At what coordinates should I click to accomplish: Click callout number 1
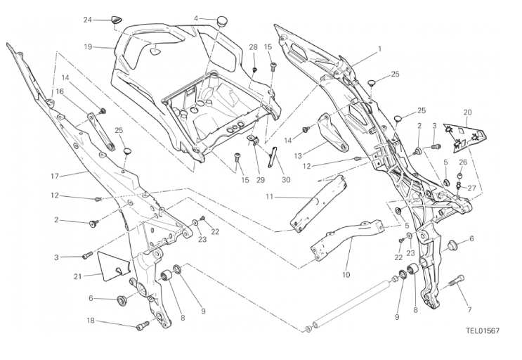[x=379, y=49]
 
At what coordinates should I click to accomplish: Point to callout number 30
[x=286, y=179]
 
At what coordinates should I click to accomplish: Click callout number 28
[x=253, y=47]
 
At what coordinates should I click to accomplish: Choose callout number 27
[x=472, y=188]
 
